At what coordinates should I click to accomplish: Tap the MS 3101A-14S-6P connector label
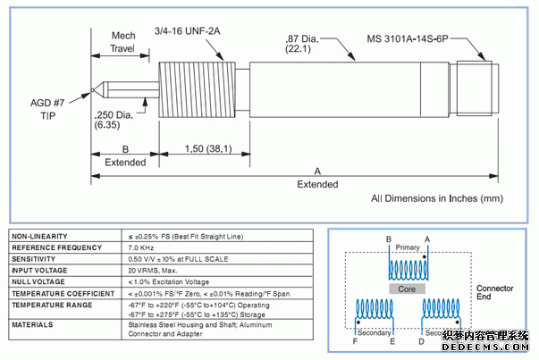(412, 38)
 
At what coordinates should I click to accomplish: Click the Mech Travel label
(122, 42)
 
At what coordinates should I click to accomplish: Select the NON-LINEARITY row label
(39, 235)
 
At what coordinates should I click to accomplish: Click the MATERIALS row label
(31, 324)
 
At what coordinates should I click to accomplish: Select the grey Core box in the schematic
(407, 289)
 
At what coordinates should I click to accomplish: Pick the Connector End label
(494, 294)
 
